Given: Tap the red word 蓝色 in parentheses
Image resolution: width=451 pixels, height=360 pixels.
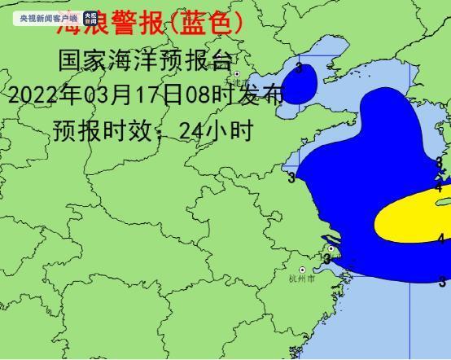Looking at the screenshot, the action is click(204, 24).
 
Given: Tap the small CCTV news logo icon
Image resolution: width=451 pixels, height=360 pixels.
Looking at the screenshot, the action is click(90, 17).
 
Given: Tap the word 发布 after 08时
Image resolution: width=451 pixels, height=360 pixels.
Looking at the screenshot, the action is click(262, 94).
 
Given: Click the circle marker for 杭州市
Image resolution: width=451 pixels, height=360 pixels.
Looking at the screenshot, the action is click(303, 270).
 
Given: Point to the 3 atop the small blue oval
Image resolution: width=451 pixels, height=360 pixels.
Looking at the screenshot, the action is click(300, 68).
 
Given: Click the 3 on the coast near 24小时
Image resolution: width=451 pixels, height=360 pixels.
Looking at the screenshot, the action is click(291, 178).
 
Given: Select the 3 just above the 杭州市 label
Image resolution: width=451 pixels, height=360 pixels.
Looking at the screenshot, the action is click(327, 259).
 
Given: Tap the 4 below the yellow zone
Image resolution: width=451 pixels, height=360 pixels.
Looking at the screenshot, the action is click(440, 239).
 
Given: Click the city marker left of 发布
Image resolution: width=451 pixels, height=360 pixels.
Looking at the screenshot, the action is click(237, 74).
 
